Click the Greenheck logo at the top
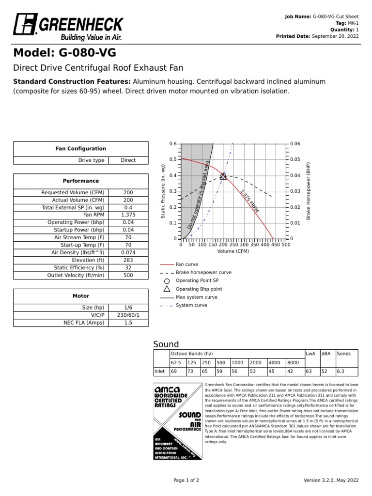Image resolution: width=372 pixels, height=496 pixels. pyautogui.click(x=68, y=28)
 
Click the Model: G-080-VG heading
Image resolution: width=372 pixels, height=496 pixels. pyautogui.click(x=64, y=53)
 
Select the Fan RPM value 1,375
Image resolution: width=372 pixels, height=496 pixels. pyautogui.click(x=128, y=215)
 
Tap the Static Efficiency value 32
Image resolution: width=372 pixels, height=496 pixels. pyautogui.click(x=128, y=267)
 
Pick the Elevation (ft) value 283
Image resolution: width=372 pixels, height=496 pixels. pyautogui.click(x=128, y=260)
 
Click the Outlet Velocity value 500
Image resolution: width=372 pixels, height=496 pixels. pyautogui.click(x=128, y=275)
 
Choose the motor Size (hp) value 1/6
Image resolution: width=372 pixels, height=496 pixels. pyautogui.click(x=128, y=308)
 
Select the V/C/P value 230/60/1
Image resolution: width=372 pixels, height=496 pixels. pyautogui.click(x=128, y=315)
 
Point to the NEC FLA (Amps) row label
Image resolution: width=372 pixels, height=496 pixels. pyautogui.click(x=84, y=323)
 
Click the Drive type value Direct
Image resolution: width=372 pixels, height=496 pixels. pyautogui.click(x=128, y=160)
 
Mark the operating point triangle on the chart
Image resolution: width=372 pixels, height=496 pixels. pyautogui.click(x=223, y=176)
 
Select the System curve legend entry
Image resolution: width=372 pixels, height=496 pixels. pyautogui.click(x=191, y=306)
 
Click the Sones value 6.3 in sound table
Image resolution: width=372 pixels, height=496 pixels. pyautogui.click(x=341, y=371)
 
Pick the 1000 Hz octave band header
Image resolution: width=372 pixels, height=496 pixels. pyautogui.click(x=237, y=362)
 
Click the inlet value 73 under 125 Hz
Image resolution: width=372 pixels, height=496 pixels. pyautogui.click(x=191, y=371)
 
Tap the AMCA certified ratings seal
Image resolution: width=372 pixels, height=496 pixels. pyautogui.click(x=178, y=421)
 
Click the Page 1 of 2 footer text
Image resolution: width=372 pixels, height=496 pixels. pyautogui.click(x=186, y=480)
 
